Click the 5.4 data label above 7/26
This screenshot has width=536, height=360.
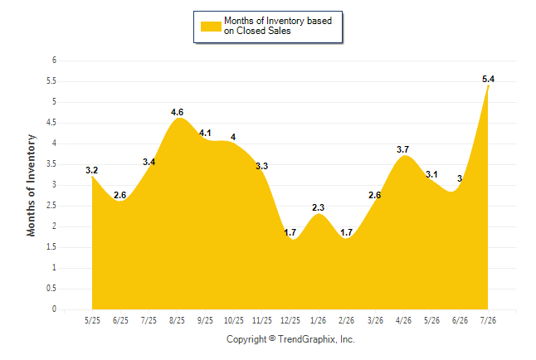click(x=488, y=79)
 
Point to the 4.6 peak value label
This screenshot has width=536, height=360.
click(x=177, y=112)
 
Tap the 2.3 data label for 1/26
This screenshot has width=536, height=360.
click(x=318, y=207)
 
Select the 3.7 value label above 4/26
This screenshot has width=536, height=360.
click(x=402, y=149)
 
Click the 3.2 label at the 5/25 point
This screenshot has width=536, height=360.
click(x=91, y=170)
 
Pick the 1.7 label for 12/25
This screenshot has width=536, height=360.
click(x=290, y=232)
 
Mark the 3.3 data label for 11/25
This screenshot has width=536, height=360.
click(x=262, y=166)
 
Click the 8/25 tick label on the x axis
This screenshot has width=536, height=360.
click(x=177, y=320)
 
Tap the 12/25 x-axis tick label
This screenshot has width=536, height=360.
click(x=290, y=320)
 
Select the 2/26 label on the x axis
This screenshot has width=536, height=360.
click(x=346, y=320)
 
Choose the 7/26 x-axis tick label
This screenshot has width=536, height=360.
click(x=488, y=320)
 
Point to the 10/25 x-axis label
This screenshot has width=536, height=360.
click(x=234, y=320)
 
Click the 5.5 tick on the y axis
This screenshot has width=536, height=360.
click(x=51, y=81)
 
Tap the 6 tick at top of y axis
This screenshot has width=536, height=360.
click(x=54, y=61)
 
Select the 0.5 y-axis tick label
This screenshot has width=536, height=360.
click(x=51, y=289)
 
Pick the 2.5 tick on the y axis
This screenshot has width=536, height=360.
click(x=51, y=206)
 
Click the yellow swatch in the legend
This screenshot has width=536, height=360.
click(x=211, y=27)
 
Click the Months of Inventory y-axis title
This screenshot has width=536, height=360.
click(x=31, y=185)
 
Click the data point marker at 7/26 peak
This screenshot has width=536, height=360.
click(x=488, y=86)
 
